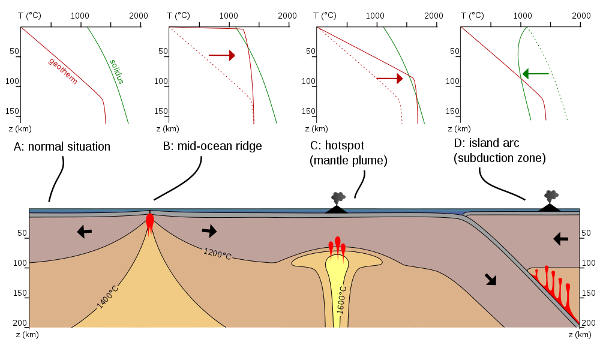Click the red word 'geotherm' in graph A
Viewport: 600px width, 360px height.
pyautogui.click(x=63, y=71)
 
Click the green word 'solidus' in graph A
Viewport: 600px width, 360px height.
pyautogui.click(x=117, y=71)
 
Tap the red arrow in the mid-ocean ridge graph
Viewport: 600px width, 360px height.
pyautogui.click(x=221, y=55)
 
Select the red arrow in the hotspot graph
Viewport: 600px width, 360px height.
pyautogui.click(x=389, y=79)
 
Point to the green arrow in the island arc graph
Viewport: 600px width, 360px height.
pyautogui.click(x=536, y=73)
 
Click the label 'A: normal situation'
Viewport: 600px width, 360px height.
pyautogui.click(x=62, y=146)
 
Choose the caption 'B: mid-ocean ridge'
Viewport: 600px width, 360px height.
pyautogui.click(x=212, y=146)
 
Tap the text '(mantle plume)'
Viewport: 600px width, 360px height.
pyautogui.click(x=349, y=160)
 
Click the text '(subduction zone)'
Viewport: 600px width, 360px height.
pyautogui.click(x=500, y=158)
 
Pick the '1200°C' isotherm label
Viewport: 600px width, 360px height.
pyautogui.click(x=217, y=254)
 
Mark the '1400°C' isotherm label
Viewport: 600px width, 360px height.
pyautogui.click(x=107, y=296)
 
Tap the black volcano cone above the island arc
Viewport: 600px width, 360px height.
pyautogui.click(x=550, y=208)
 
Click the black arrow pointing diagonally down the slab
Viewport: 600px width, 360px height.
pyautogui.click(x=491, y=279)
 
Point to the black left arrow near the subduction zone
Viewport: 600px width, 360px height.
pyautogui.click(x=560, y=239)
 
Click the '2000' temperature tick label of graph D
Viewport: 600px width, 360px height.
pyautogui.click(x=581, y=16)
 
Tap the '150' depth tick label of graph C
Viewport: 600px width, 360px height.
pyautogui.click(x=309, y=111)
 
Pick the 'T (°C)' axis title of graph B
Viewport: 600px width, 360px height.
pyautogui.click(x=178, y=16)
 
